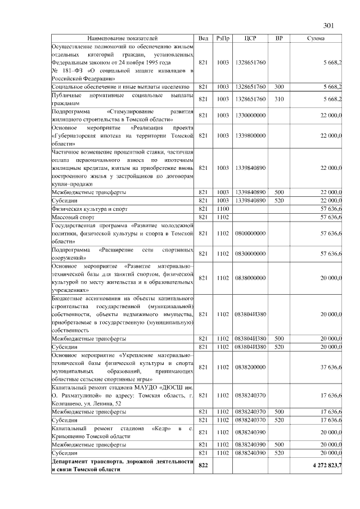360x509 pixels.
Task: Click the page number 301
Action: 329,25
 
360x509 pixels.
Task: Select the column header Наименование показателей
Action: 122,38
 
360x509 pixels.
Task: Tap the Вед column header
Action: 204,38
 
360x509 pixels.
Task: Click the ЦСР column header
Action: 251,38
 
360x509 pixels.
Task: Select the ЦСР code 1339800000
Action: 251,136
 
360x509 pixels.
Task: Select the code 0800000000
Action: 251,233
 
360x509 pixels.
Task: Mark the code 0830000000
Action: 251,253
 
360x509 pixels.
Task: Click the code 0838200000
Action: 251,367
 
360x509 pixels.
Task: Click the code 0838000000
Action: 251,278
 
